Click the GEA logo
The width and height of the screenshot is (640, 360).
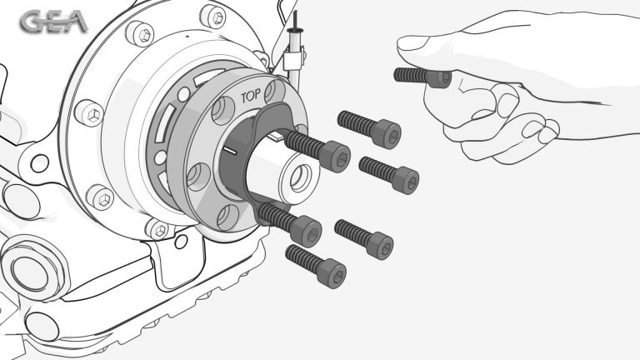point(53,22)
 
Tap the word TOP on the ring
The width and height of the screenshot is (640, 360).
point(251,97)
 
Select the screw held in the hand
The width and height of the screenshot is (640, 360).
point(422,77)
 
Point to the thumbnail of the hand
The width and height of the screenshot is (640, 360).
point(413,42)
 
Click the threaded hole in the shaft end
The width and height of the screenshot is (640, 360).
point(301,178)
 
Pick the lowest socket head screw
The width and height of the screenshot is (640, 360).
point(316,266)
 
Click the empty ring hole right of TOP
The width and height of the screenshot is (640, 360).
point(275,92)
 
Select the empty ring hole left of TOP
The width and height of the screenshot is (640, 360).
point(223,110)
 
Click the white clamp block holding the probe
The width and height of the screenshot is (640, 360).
point(294,60)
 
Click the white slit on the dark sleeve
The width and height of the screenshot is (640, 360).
point(230,151)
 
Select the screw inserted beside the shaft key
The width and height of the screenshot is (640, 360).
point(317,150)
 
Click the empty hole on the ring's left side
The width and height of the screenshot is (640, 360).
point(198,177)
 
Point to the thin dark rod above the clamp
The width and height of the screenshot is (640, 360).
point(295,20)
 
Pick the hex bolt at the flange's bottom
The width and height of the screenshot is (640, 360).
point(159,229)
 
